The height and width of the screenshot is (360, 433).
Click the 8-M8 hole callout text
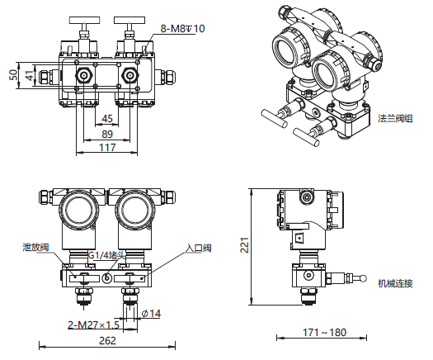pos(182,28)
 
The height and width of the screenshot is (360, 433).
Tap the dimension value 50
pos(13,75)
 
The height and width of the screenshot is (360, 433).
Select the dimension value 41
pos(30,75)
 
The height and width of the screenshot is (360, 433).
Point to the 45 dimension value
pos(107,119)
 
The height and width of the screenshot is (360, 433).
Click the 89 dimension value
pos(107,134)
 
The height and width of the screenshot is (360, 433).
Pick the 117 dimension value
pos(107,147)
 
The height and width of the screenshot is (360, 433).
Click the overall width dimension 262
pos(107,341)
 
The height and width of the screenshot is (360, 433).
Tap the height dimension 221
pos(245,245)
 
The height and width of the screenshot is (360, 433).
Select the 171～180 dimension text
pos(324,332)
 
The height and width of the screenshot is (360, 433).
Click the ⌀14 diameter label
pos(151,313)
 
